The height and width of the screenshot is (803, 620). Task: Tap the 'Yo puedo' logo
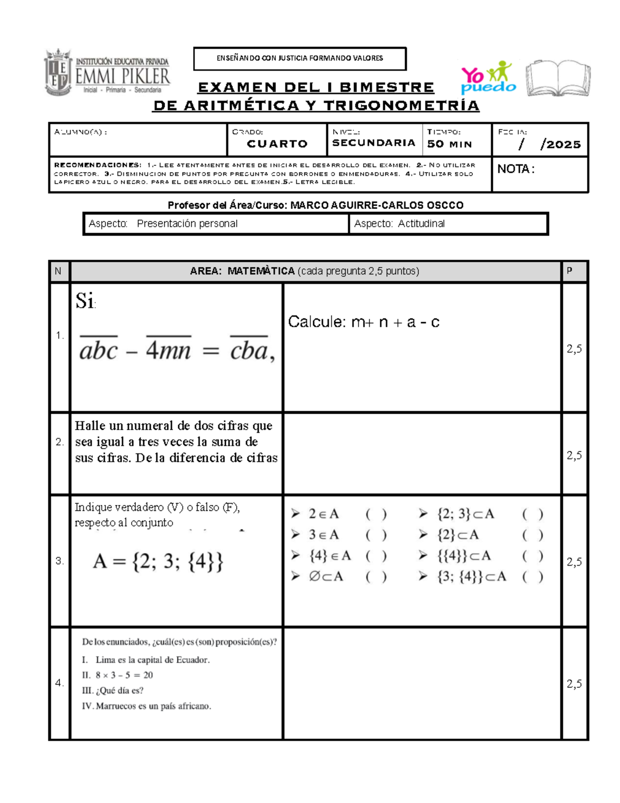click(x=488, y=78)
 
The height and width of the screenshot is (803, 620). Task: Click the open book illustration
click(x=557, y=78)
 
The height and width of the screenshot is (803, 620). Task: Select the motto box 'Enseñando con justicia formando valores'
click(x=300, y=58)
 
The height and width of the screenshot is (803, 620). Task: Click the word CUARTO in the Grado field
click(x=277, y=144)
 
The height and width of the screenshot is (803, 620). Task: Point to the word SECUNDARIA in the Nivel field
click(x=374, y=143)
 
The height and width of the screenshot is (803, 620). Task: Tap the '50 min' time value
click(x=450, y=144)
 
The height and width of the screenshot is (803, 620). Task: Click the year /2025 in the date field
click(x=560, y=145)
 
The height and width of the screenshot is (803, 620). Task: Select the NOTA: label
click(x=515, y=169)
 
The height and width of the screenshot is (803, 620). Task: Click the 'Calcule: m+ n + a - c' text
click(x=363, y=322)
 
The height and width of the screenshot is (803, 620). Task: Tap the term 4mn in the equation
click(x=168, y=351)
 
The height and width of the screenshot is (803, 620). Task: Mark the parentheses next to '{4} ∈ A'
click(x=376, y=556)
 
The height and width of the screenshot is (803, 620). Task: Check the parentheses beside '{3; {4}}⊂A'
click(x=532, y=577)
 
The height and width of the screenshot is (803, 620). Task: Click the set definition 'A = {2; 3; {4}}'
click(x=158, y=562)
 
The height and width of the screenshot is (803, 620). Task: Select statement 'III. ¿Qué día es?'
click(x=113, y=690)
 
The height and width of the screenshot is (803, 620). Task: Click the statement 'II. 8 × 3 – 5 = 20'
click(x=117, y=675)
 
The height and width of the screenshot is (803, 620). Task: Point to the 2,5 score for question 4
click(x=574, y=684)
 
